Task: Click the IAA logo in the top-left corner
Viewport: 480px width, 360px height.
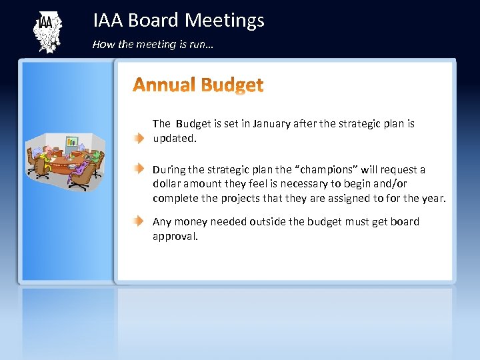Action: click(x=47, y=31)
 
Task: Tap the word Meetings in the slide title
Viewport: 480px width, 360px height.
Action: click(x=225, y=21)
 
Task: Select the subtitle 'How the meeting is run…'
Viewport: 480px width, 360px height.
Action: click(x=153, y=45)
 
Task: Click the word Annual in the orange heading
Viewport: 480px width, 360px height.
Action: click(x=164, y=85)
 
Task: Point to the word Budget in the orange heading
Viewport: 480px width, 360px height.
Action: click(x=232, y=85)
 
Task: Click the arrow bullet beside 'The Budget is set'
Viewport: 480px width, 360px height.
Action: click(x=137, y=138)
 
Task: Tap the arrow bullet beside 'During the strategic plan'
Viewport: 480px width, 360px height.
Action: click(x=137, y=170)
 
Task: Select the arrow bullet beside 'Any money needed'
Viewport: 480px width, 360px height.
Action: click(x=137, y=221)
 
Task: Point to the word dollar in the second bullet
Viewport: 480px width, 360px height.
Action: click(x=167, y=183)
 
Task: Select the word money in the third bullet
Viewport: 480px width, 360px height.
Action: click(x=193, y=222)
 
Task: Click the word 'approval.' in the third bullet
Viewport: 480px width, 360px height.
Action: click(x=175, y=237)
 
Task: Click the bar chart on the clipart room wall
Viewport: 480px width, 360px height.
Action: click(x=71, y=141)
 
